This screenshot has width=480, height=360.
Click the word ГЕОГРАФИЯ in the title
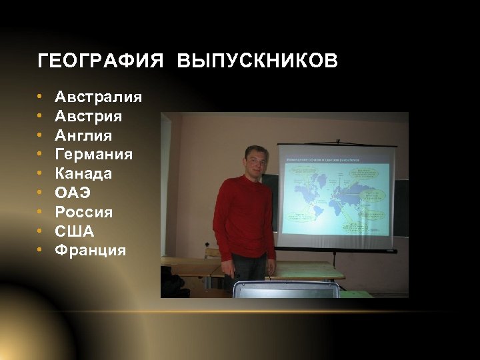tap(100, 62)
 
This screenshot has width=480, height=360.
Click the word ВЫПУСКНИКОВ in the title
tap(257, 62)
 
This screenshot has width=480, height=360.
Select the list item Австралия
tap(98, 97)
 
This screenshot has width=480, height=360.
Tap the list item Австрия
tap(88, 117)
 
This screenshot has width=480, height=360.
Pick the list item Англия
tap(83, 136)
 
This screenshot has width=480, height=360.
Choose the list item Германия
tap(93, 155)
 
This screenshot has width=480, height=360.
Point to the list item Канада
tap(83, 174)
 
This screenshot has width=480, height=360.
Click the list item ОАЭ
tap(73, 193)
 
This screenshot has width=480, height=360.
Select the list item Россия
tap(83, 213)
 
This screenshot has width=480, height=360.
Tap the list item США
tap(74, 232)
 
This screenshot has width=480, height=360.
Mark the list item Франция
tap(90, 251)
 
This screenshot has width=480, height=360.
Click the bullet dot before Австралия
tap(41, 98)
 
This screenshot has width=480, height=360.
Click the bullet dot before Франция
tap(41, 251)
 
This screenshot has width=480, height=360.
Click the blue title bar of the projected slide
tap(333, 160)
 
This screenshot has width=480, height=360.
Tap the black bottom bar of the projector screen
tap(336, 249)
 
